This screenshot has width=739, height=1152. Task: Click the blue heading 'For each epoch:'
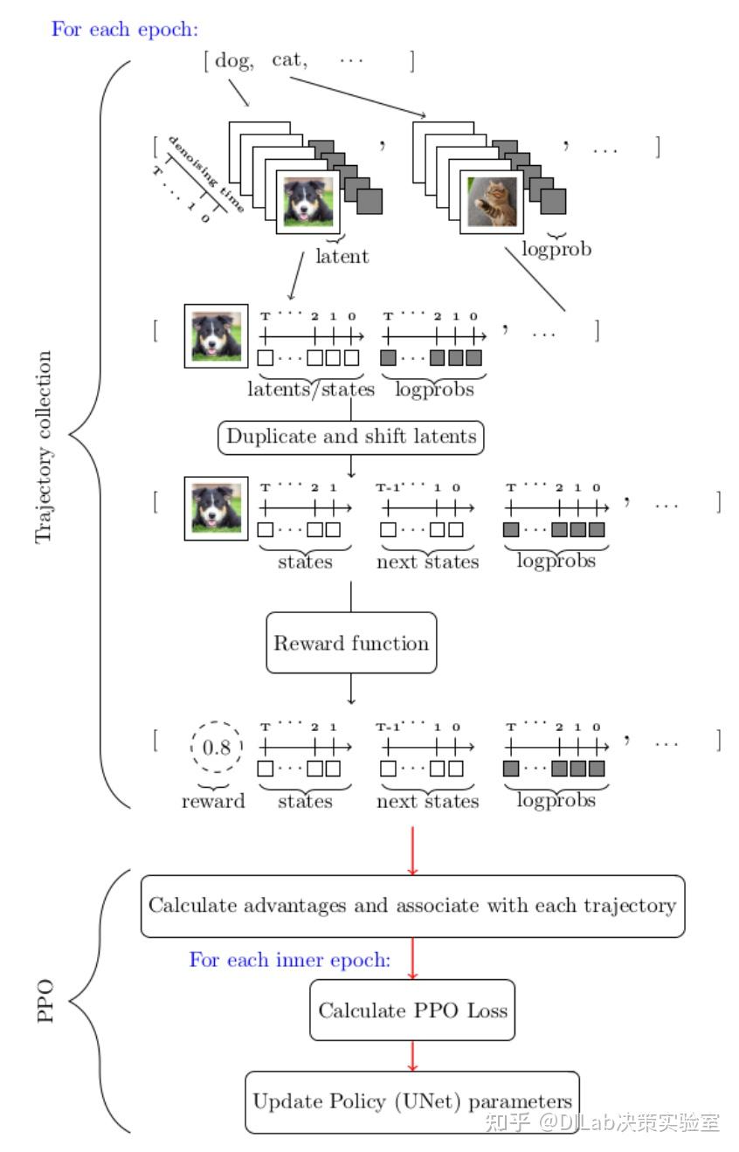click(x=125, y=28)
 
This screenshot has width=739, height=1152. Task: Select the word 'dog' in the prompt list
click(x=231, y=60)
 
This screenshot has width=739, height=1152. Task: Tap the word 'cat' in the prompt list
click(x=289, y=60)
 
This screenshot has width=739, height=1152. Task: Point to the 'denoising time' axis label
click(x=206, y=174)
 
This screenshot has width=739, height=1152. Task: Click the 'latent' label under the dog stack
click(x=342, y=256)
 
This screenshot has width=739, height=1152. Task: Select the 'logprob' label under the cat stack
click(x=556, y=248)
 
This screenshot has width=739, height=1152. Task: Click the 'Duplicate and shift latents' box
click(x=351, y=436)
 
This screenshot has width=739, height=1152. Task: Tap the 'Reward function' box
click(x=351, y=643)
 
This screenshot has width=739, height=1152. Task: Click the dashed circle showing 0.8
click(x=214, y=748)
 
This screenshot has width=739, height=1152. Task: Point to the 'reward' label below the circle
click(x=213, y=801)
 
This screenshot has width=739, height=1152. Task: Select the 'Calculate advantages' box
click(x=412, y=906)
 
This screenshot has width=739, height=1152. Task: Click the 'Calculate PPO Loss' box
click(x=412, y=1011)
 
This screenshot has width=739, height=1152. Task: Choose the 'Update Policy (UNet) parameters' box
click(x=412, y=1101)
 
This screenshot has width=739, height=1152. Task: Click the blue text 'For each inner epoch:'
click(x=289, y=960)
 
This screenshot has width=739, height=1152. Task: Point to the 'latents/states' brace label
click(x=310, y=390)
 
